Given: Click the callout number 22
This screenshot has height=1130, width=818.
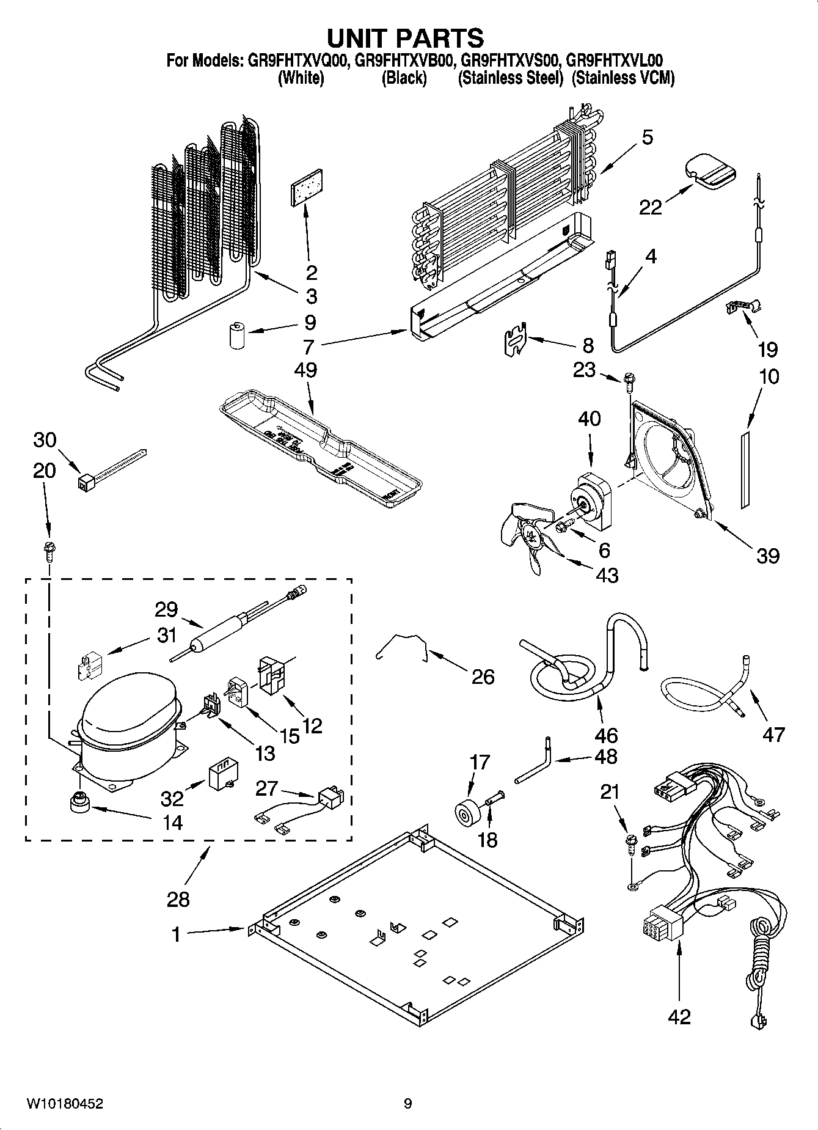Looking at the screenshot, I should [650, 207].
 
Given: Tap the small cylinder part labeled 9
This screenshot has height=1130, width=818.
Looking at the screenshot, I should [236, 336].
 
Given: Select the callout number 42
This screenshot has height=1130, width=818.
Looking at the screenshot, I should [679, 1016].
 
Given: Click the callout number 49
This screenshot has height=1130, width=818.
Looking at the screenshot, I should [306, 370].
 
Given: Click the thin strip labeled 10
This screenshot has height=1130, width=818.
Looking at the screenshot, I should [744, 469].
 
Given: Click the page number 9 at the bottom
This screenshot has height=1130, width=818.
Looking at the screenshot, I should [407, 1103].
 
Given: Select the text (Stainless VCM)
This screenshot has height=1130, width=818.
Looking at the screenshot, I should [623, 78].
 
